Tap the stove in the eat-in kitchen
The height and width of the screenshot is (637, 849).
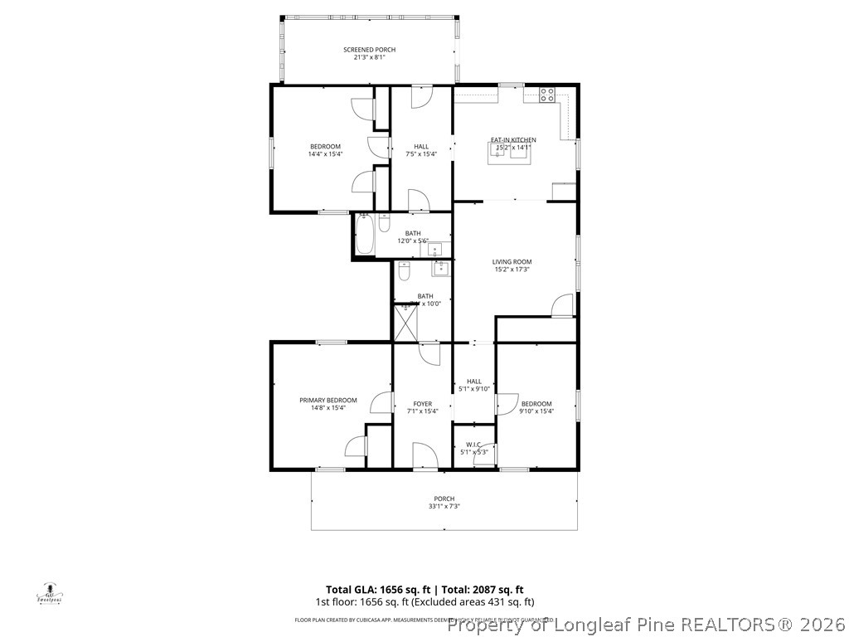point(547,95)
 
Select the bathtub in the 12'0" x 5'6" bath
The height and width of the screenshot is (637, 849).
point(364,236)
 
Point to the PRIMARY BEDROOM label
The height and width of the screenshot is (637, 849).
point(327,400)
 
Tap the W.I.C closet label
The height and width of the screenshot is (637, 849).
point(473,445)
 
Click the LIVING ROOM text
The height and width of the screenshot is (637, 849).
point(512,261)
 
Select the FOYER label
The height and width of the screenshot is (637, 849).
point(423,404)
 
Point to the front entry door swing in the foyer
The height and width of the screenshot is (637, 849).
point(424,455)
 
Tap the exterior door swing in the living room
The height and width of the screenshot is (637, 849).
point(563,305)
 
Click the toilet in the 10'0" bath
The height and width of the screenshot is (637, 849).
point(404,270)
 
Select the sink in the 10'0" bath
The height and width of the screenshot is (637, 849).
point(440,268)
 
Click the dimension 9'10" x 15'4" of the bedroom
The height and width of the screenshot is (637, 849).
point(536,411)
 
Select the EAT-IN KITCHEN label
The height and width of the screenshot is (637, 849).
point(513,140)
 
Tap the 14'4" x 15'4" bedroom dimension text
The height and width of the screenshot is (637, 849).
point(325,153)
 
